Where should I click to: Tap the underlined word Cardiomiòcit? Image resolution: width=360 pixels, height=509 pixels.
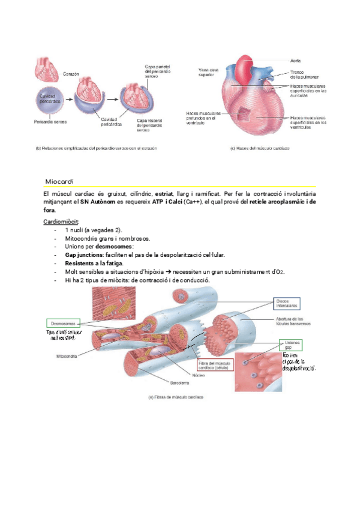(61, 221)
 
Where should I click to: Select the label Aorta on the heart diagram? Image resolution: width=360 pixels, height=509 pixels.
(295, 61)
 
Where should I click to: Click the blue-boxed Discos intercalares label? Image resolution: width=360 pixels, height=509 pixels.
(287, 303)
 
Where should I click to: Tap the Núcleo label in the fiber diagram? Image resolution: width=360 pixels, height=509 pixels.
(200, 376)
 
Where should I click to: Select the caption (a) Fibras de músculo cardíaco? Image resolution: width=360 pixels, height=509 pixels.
(176, 397)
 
